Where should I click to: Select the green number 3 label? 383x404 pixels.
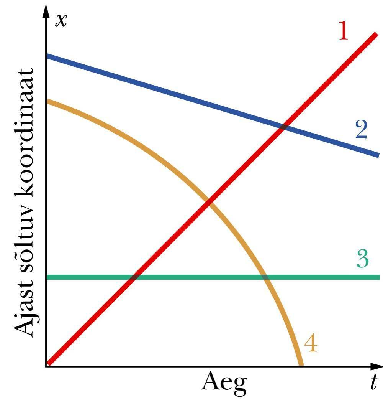(x=362, y=259)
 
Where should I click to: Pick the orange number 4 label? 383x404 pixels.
(x=311, y=344)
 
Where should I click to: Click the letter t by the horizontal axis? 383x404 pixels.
(x=373, y=383)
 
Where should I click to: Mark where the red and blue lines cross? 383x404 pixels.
(x=283, y=127)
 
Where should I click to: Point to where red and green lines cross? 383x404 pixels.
(x=133, y=277)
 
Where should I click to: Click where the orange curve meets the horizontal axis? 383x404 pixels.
(x=301, y=366)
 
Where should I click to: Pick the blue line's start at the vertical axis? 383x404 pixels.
(x=47, y=56)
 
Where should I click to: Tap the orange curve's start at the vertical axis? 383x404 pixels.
(x=47, y=101)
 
